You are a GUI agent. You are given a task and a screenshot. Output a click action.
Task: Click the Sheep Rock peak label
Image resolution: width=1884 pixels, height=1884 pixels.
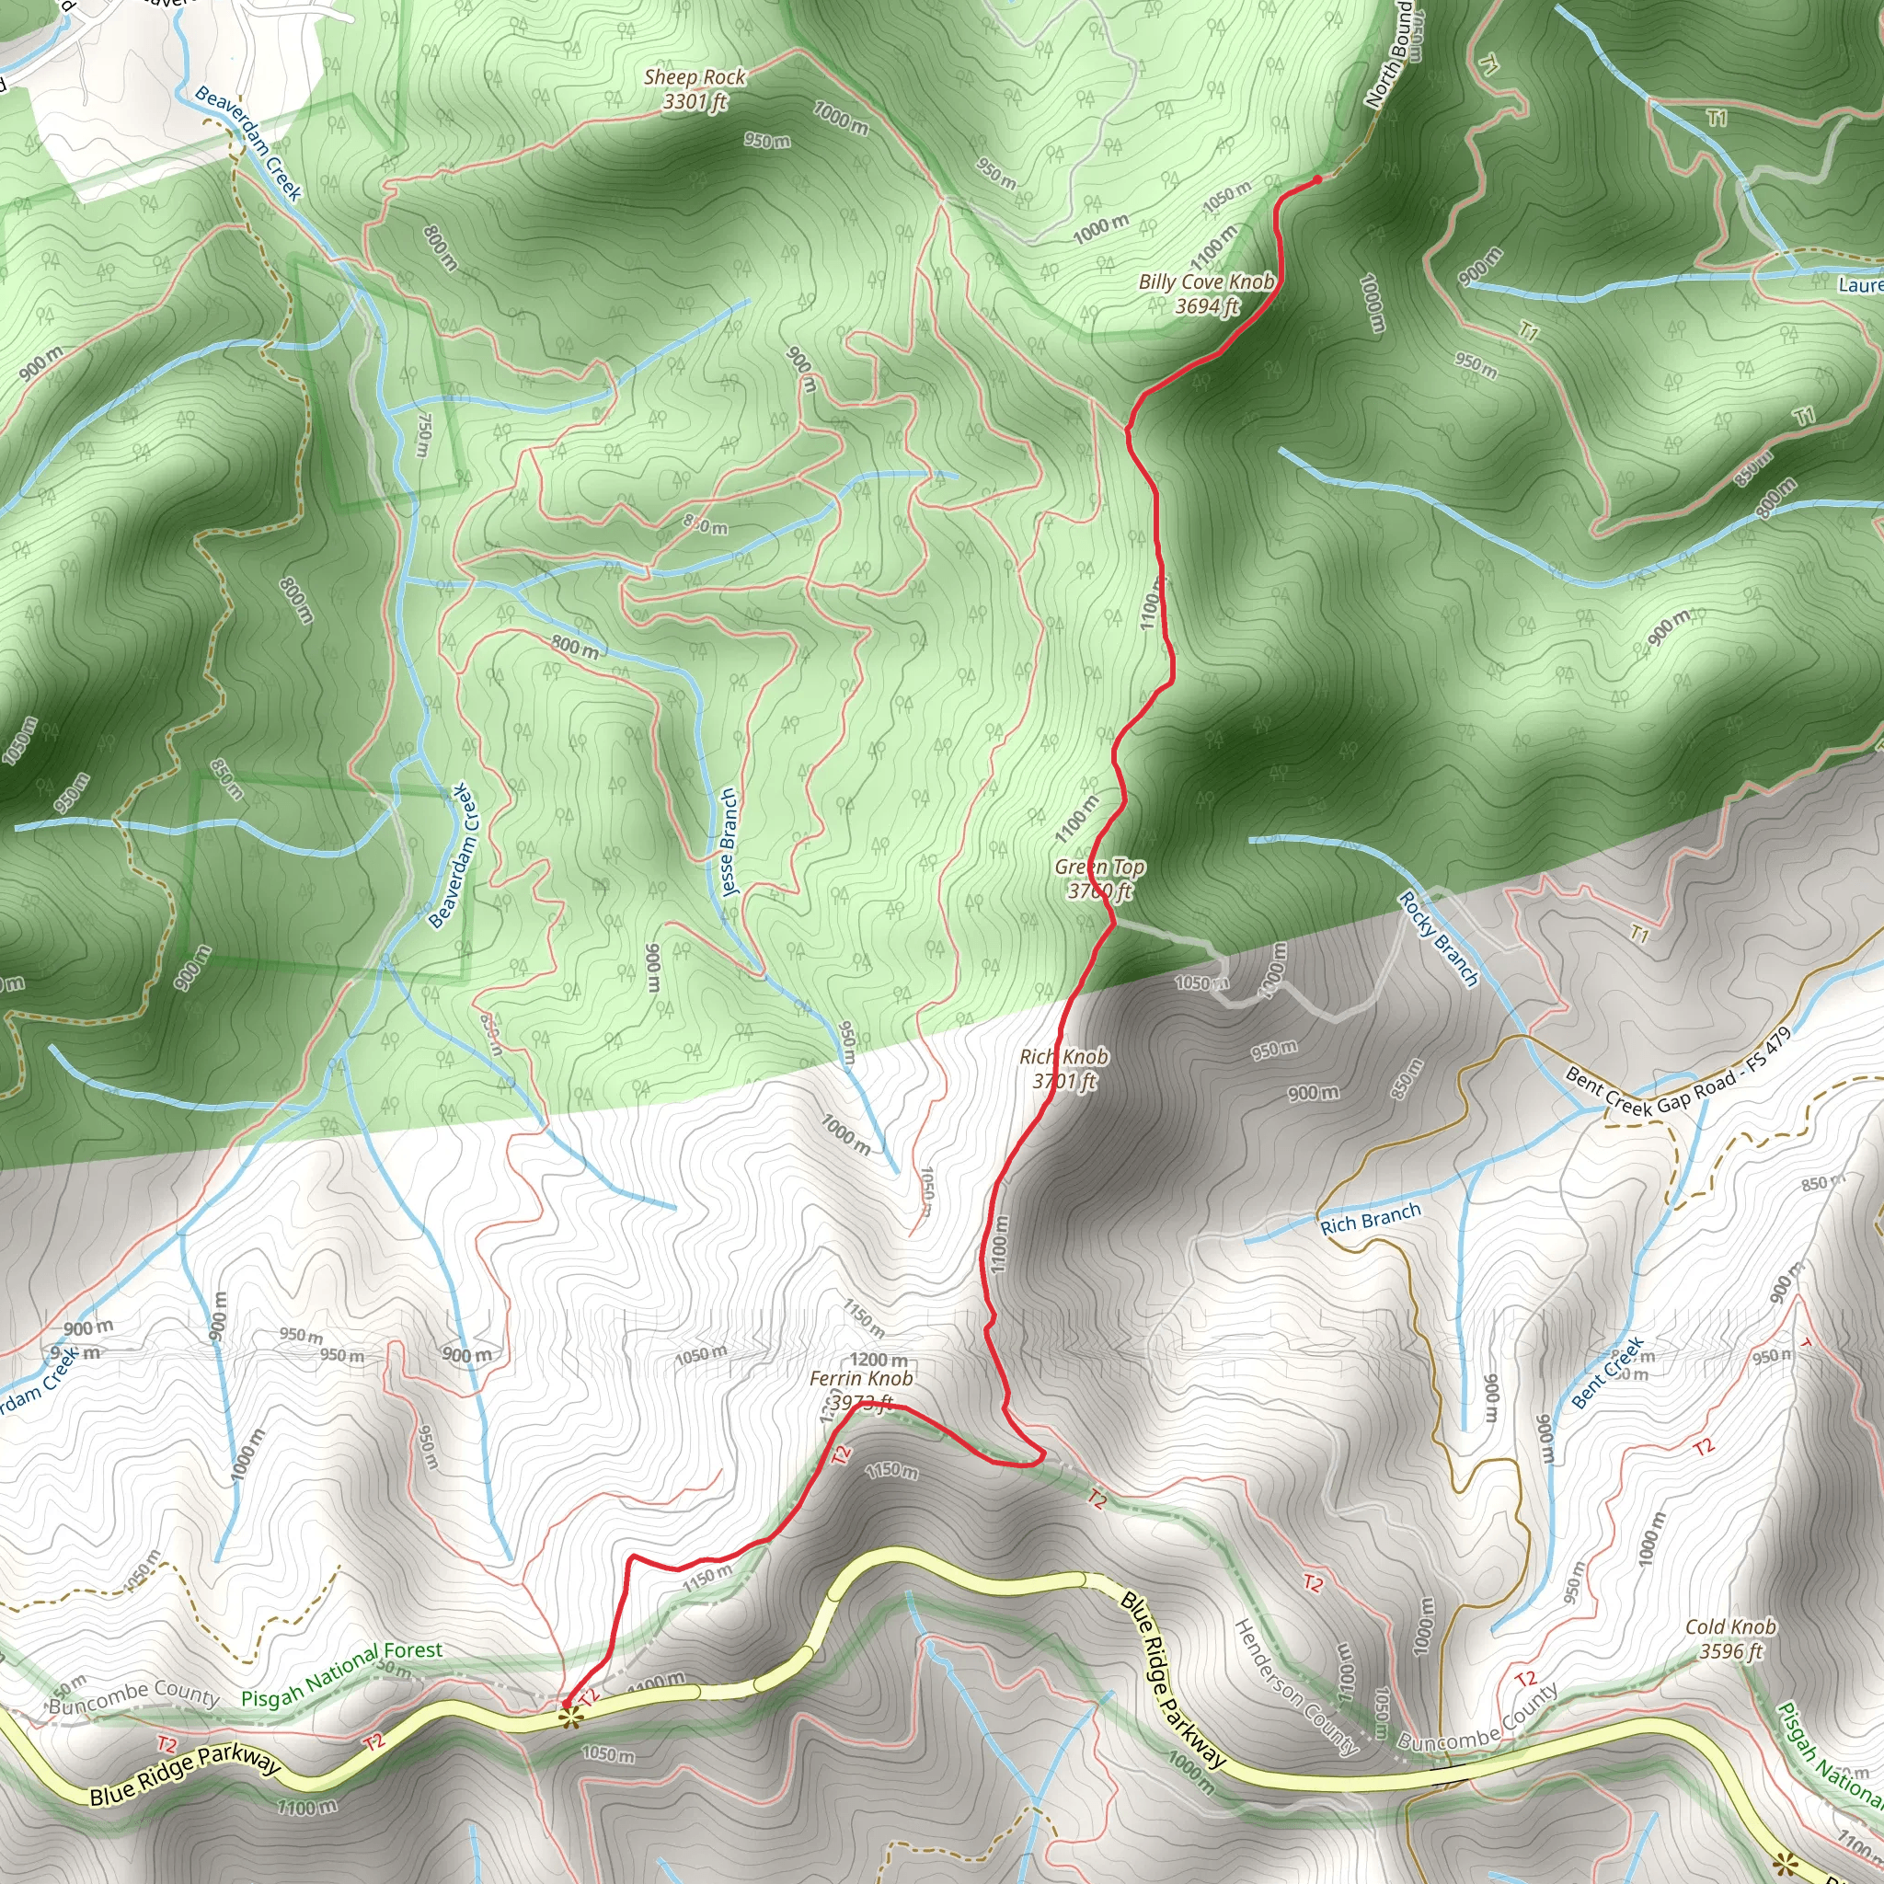point(695,88)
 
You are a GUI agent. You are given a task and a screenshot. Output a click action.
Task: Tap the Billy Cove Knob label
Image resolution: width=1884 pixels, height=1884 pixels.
point(1206,293)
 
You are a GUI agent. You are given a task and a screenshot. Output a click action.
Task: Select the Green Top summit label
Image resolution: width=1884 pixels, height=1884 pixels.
point(1099,879)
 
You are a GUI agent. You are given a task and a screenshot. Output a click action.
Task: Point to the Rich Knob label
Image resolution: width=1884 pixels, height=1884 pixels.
point(1064,1068)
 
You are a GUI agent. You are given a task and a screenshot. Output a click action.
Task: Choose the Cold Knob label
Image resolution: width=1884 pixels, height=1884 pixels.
point(1731,1638)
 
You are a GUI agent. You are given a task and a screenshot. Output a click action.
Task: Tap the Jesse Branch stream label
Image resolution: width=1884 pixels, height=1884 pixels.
point(729,843)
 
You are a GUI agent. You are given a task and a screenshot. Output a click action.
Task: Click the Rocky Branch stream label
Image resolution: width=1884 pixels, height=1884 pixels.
point(1439,938)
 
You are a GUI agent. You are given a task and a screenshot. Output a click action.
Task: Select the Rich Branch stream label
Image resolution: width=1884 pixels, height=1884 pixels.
point(1370,1220)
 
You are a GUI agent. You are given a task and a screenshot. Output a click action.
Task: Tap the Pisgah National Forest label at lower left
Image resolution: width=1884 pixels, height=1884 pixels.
point(341,1674)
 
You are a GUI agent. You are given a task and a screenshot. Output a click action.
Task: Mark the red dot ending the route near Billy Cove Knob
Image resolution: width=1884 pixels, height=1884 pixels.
point(1317,178)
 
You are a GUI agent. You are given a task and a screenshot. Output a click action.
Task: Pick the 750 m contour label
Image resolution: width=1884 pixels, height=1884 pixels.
point(422,433)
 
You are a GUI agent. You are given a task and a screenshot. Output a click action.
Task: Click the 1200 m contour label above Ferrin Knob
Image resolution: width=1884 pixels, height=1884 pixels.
point(879,1361)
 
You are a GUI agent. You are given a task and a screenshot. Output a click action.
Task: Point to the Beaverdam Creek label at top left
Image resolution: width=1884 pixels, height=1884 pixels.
point(248,143)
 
